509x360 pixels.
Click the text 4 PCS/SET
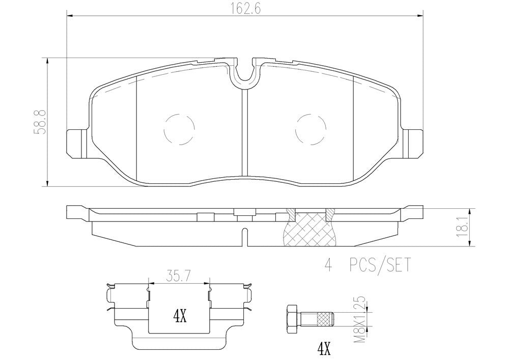click(x=366, y=265)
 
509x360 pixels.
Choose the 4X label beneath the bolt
click(x=324, y=349)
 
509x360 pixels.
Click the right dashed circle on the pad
click(x=310, y=128)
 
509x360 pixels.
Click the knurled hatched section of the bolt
click(x=325, y=319)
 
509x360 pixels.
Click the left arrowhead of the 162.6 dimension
click(x=70, y=16)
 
